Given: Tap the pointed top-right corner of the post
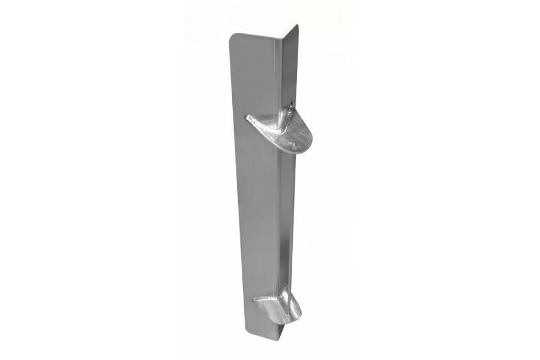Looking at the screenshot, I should [x=297, y=25].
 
